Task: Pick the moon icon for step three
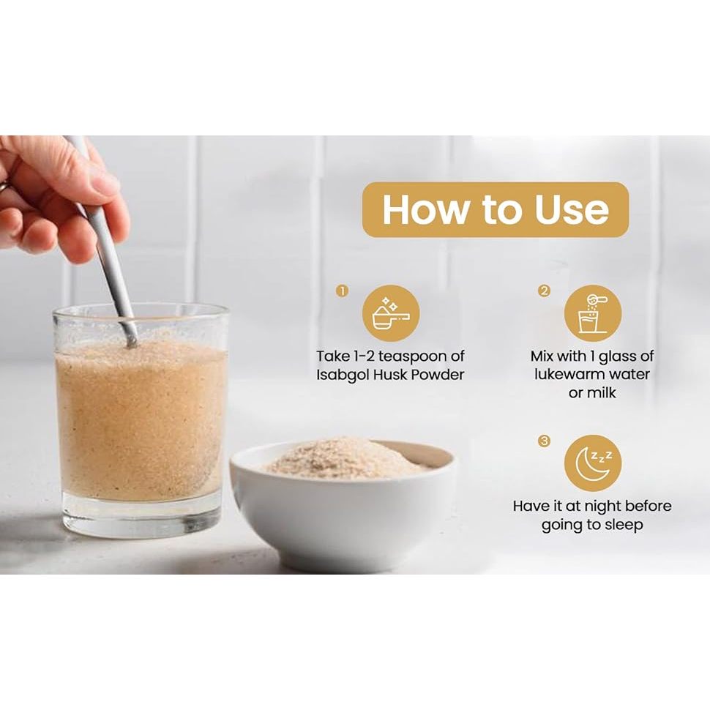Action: [x=593, y=463]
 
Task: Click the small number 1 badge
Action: [x=343, y=291]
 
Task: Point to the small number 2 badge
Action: [x=544, y=291]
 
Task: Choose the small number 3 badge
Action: [x=544, y=441]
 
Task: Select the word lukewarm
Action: [x=568, y=375]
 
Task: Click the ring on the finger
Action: [x=3, y=187]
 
